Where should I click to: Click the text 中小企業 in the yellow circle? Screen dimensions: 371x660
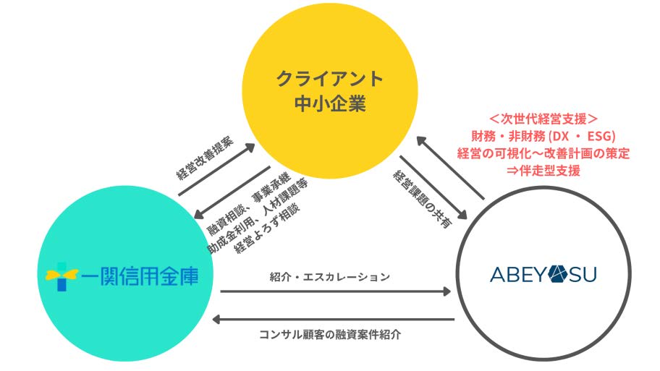329,103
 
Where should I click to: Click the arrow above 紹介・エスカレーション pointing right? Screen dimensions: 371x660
335,291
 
